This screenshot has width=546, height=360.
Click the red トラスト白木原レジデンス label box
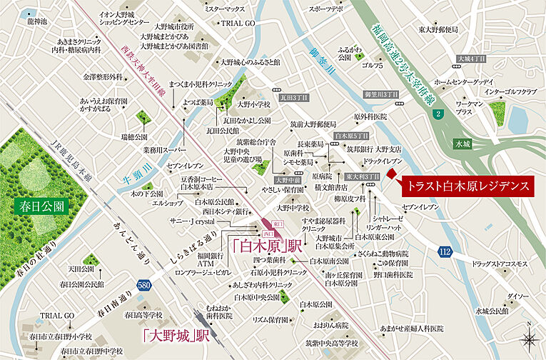pyautogui.click(x=467, y=186)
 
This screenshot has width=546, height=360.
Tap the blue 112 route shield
pyautogui.click(x=445, y=251)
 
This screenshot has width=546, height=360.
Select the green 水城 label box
pyautogui.click(x=462, y=144)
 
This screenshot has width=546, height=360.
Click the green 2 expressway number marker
pyautogui.click(x=437, y=114)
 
